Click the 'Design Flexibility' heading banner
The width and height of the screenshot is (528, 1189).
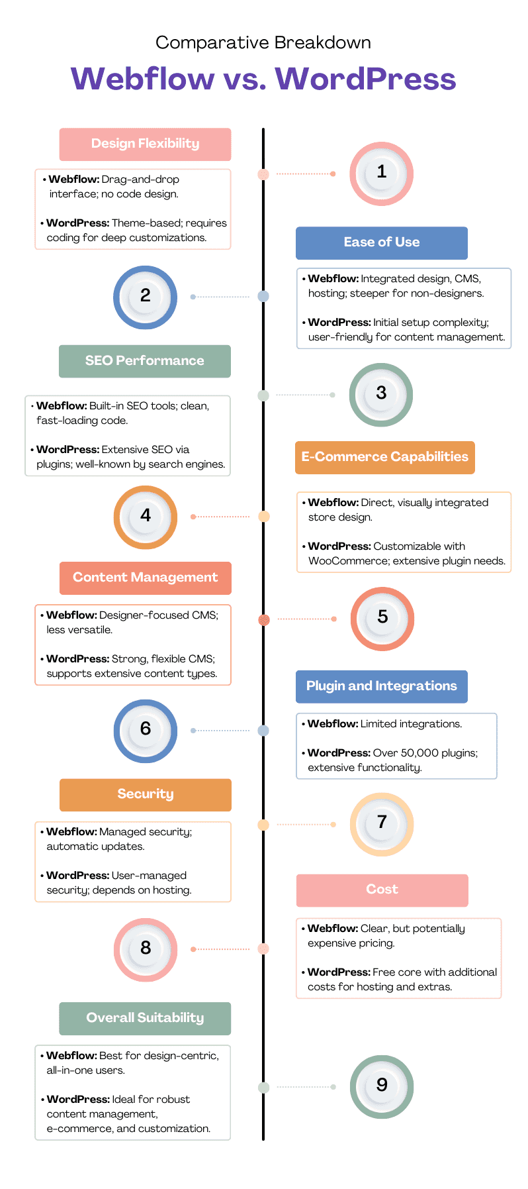click(x=145, y=144)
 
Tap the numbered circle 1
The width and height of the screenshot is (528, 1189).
click(x=381, y=174)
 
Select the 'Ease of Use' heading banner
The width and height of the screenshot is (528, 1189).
click(x=381, y=242)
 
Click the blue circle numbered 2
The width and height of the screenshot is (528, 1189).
click(x=145, y=297)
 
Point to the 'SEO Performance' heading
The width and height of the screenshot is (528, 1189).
click(x=145, y=361)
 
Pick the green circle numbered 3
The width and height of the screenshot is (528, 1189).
click(x=381, y=394)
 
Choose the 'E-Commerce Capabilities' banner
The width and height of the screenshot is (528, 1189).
click(x=384, y=457)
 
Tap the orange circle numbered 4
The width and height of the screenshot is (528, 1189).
click(x=146, y=517)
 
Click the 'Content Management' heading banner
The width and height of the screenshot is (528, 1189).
click(x=145, y=578)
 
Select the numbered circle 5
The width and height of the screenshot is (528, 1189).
click(x=382, y=619)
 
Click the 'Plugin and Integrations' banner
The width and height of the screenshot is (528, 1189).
click(x=381, y=686)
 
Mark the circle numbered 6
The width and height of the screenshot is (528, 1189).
click(x=146, y=730)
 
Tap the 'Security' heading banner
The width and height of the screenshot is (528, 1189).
click(x=145, y=794)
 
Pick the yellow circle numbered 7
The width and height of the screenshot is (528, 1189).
click(x=381, y=824)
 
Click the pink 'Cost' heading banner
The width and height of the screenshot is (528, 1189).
click(x=382, y=890)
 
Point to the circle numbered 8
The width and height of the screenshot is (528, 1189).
click(x=146, y=949)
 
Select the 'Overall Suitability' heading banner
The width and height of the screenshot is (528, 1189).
click(x=145, y=1018)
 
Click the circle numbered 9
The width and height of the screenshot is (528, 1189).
click(x=381, y=1086)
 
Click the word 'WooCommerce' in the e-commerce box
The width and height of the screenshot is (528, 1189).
click(x=339, y=561)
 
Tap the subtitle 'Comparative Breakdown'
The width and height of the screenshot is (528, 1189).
click(x=263, y=43)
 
